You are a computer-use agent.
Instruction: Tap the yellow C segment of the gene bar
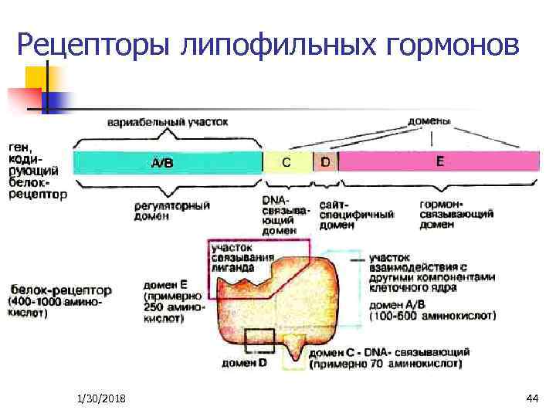pos(286,162)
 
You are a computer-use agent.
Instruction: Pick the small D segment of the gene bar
pos(325,162)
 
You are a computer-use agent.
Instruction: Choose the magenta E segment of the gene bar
pos(439,162)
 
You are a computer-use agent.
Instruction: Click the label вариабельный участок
pos(168,121)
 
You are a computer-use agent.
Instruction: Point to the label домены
pos(430,120)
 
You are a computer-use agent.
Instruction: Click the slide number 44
pos(531,398)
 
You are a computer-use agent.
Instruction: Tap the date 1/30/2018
pos(103,398)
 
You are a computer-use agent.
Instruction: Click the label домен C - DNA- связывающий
pos(386,351)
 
